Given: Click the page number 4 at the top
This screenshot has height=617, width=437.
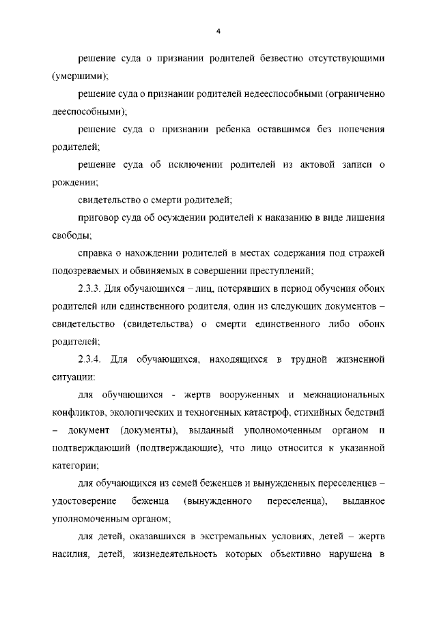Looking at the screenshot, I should click(218, 31).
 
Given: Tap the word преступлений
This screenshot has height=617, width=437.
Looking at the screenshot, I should click(277, 271).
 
